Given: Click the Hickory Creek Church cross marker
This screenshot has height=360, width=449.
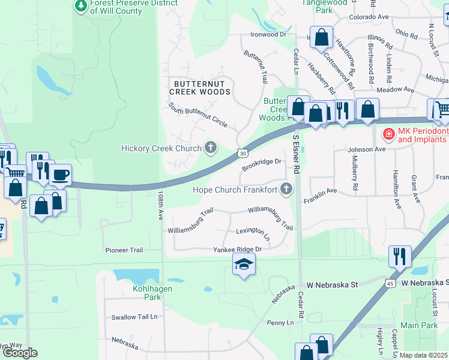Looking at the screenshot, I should [210, 147].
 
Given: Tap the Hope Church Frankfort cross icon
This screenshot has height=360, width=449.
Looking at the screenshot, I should [286, 190].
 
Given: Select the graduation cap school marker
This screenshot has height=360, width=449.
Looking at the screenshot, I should [244, 263].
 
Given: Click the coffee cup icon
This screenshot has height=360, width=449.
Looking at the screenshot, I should [60, 175].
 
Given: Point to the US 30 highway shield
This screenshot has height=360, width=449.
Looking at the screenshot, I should [241, 154].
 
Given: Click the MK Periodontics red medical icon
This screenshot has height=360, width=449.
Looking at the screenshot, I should [388, 133].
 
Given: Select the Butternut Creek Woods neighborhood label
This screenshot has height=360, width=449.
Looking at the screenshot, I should [200, 88].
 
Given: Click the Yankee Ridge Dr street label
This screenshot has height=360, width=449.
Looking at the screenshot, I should [238, 249].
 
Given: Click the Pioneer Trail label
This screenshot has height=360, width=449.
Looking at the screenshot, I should [124, 250].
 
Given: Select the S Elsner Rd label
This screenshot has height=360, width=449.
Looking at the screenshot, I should [295, 154].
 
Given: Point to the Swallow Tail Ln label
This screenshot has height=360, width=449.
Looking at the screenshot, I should [134, 317].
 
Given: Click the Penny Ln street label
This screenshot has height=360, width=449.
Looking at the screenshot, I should [280, 323].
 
